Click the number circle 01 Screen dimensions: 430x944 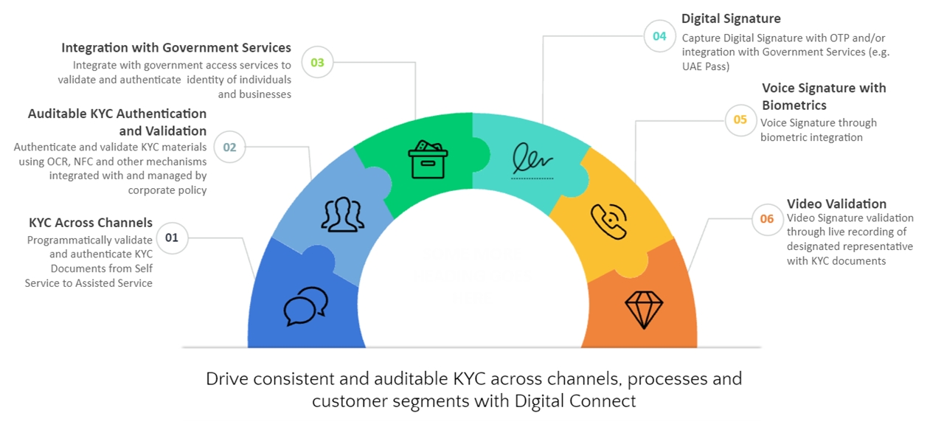(172, 237)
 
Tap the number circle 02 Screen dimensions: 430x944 (229, 147)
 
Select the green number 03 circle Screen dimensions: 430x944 (317, 63)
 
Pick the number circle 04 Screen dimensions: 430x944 (659, 35)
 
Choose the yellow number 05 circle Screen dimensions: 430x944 (740, 119)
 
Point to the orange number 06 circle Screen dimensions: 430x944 (767, 218)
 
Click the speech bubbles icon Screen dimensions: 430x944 (305, 306)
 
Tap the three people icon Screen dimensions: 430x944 (343, 213)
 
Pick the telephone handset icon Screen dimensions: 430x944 (608, 221)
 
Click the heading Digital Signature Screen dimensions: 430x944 (731, 18)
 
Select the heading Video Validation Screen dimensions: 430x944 (836, 204)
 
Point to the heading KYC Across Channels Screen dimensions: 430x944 (91, 223)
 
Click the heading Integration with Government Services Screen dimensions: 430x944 (176, 48)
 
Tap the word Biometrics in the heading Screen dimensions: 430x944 (794, 105)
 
